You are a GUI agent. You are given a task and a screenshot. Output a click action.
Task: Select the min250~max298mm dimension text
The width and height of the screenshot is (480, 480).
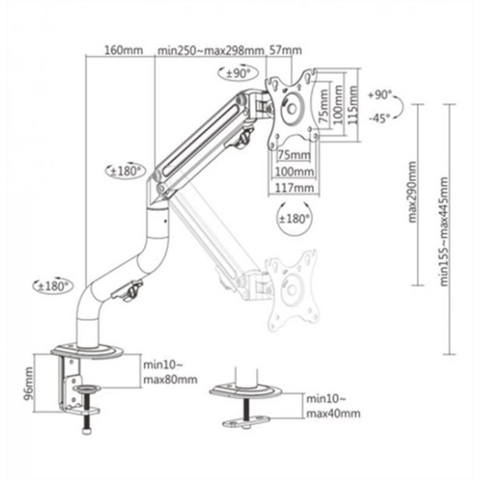coord(210,50)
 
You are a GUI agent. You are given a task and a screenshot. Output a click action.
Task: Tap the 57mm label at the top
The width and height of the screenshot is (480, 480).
coord(285,50)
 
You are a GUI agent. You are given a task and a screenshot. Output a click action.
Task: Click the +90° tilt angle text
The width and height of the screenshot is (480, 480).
coord(379,95)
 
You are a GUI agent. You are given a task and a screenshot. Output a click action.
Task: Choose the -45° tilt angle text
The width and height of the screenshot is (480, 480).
coord(379,117)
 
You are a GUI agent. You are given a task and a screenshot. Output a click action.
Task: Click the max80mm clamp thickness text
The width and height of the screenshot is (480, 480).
coord(169,379)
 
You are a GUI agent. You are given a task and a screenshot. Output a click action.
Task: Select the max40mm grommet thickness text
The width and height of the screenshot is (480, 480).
coord(333,413)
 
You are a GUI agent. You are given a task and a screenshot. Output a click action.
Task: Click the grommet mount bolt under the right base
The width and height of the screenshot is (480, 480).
coord(245,416)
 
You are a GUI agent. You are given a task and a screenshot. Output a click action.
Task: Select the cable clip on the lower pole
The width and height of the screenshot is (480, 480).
coord(130,290)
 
